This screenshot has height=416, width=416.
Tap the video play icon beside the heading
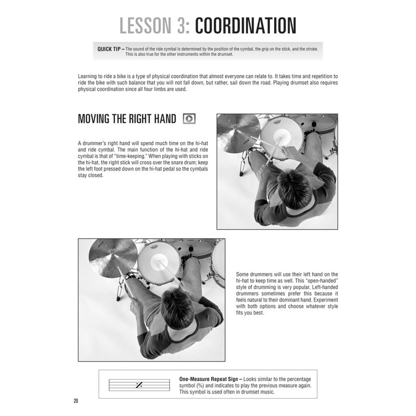tap(189, 119)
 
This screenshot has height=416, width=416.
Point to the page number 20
tap(76, 401)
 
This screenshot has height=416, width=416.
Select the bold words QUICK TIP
tap(110, 49)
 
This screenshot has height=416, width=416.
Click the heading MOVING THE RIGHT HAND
tap(127, 119)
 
